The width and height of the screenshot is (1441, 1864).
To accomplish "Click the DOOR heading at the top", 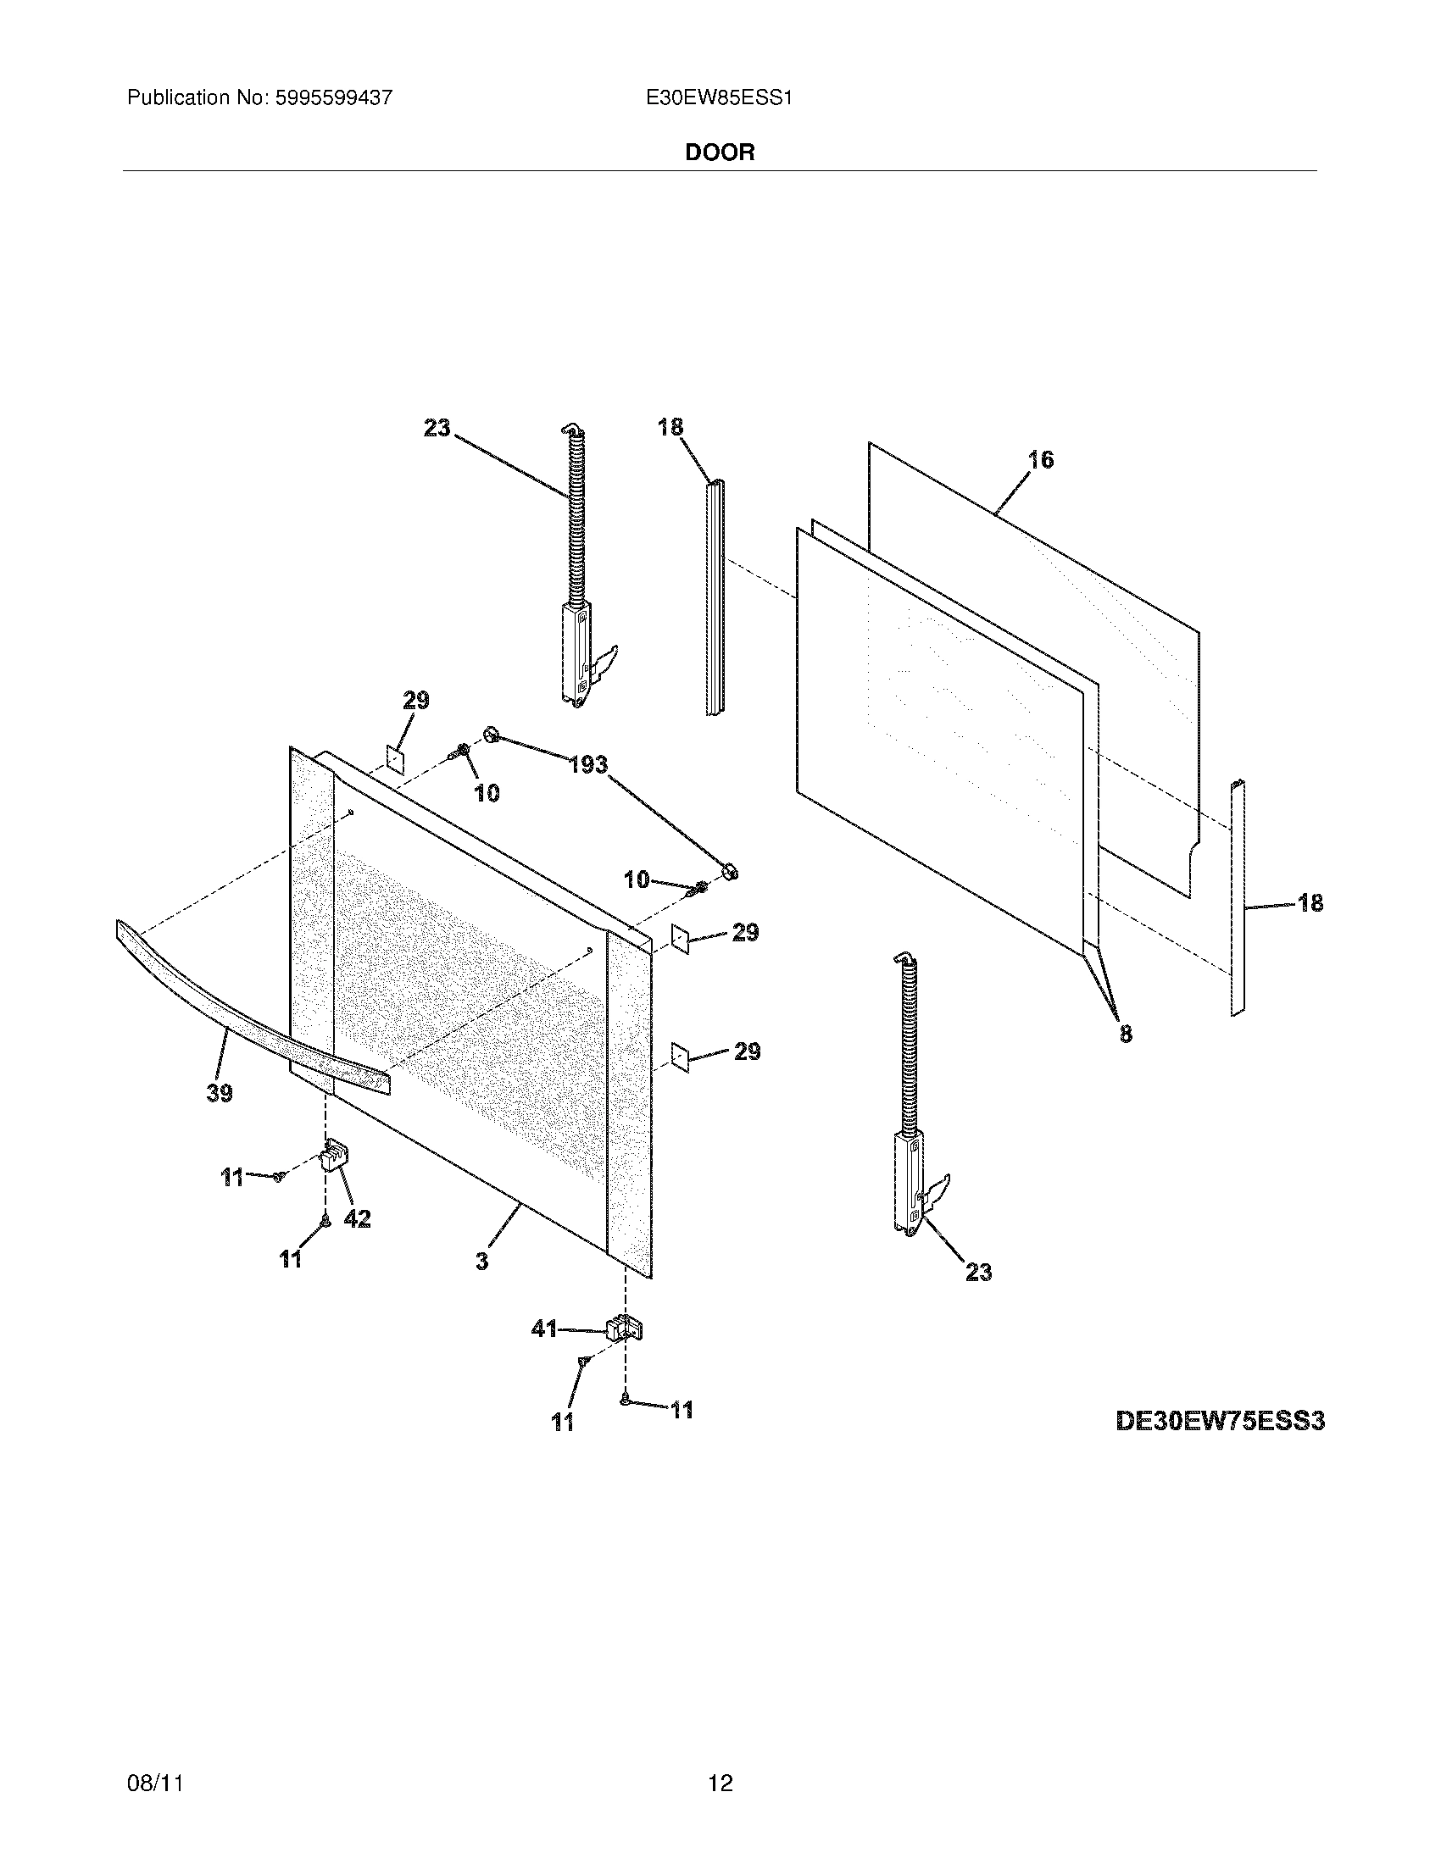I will pos(720,153).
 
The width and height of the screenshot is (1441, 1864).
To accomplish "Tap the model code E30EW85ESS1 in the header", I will pos(719,98).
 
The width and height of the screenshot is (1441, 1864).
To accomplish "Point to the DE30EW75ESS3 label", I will pos(1220,1421).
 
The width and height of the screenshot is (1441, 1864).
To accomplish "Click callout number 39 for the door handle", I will pos(220,1092).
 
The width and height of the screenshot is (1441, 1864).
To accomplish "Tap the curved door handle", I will pos(248,1007).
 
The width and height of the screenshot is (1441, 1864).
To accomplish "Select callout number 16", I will pos(1041,460).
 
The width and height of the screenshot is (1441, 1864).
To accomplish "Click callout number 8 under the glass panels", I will pos(1126,1034).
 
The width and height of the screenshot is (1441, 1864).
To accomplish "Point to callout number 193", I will pos(588,765).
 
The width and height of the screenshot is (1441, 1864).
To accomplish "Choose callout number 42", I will pos(357,1219).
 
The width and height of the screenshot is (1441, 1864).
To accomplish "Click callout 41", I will pos(544,1329).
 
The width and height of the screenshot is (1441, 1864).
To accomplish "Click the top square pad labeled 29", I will pos(395,757).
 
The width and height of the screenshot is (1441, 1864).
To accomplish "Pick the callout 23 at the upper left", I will pos(437,428).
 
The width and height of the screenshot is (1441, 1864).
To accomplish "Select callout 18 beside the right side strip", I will pos(1310,902).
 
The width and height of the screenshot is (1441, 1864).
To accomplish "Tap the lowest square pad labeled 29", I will pos(680,1057).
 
